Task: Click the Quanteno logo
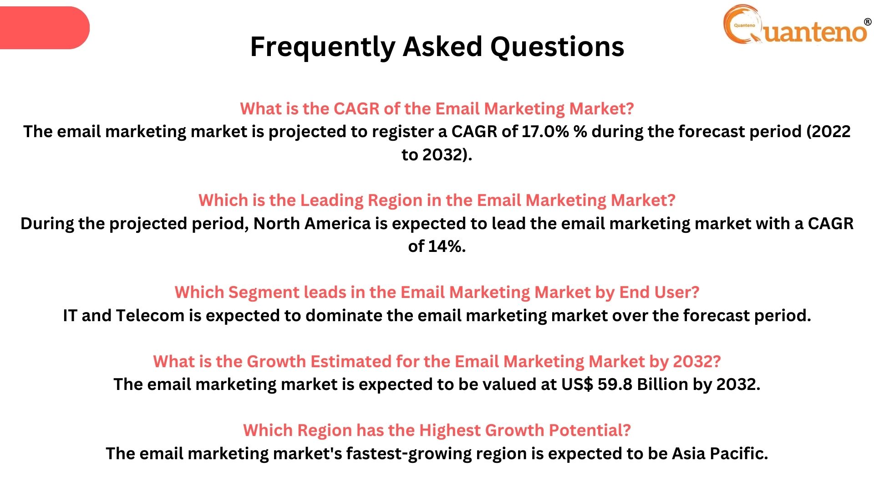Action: (797, 25)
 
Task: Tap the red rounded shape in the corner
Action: (45, 28)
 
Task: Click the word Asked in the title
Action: (442, 46)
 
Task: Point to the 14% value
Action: (447, 246)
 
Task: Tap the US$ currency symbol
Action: (577, 384)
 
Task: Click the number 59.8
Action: (615, 384)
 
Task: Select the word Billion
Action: (663, 384)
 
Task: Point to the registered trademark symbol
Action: (868, 22)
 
